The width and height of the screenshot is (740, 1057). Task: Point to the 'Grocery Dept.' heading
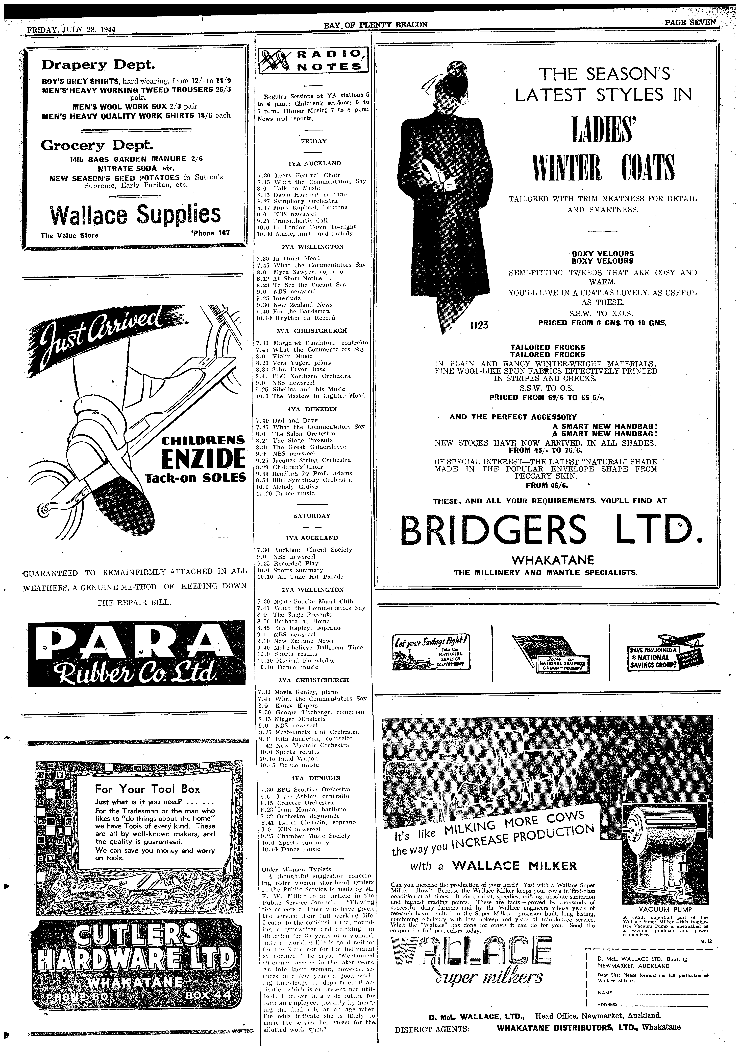pyautogui.click(x=97, y=145)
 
